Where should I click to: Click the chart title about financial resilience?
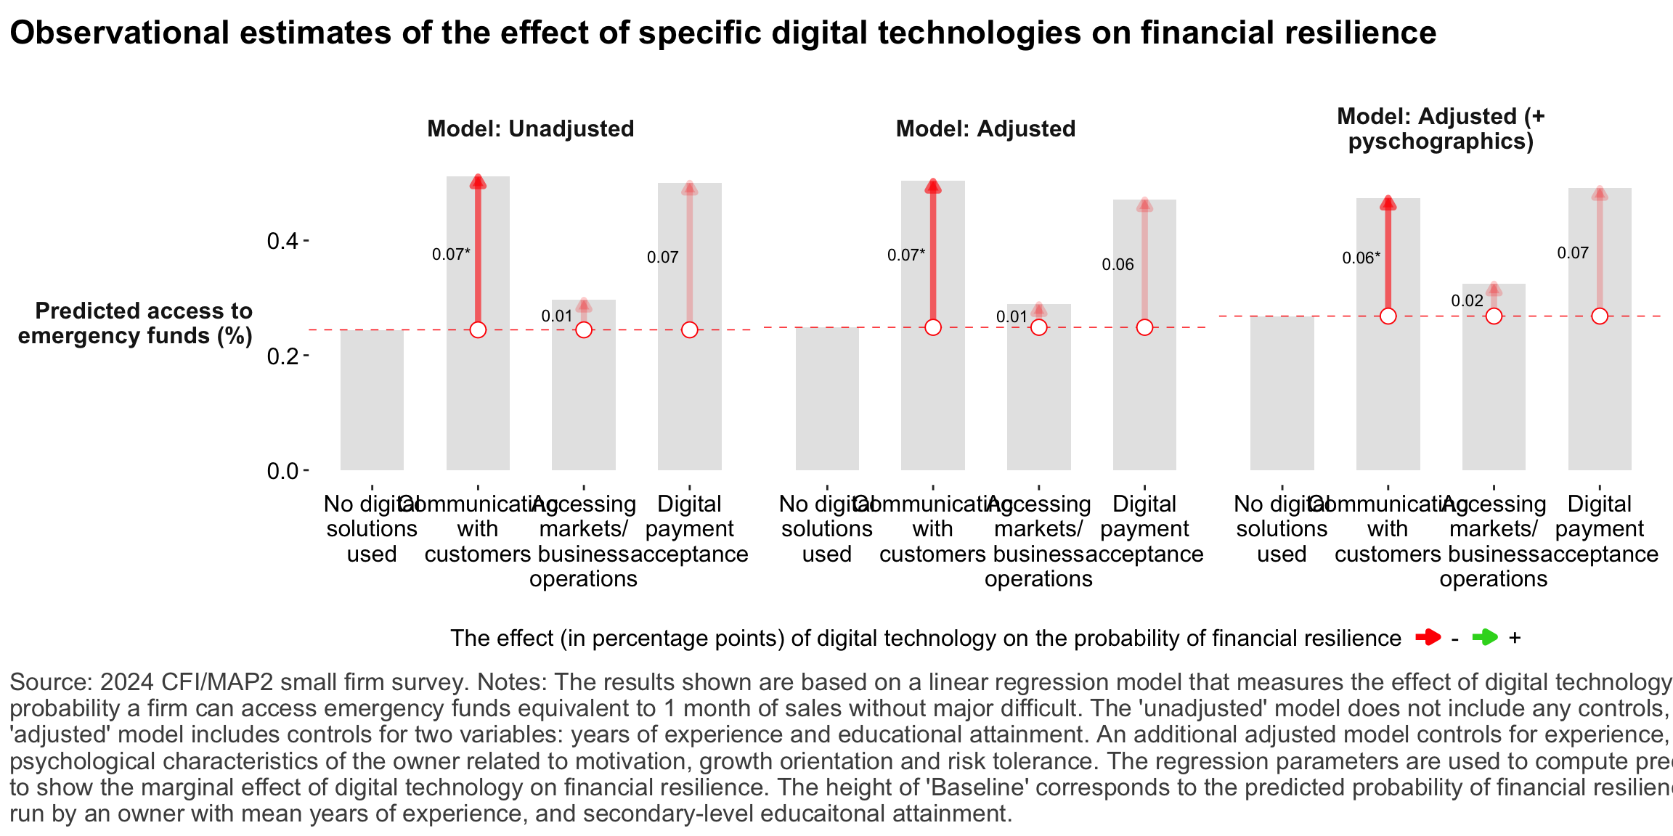pyautogui.click(x=722, y=33)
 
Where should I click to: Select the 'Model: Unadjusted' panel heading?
pyautogui.click(x=530, y=129)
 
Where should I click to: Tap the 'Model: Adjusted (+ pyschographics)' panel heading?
pyautogui.click(x=1441, y=128)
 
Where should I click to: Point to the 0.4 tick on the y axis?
pyautogui.click(x=282, y=241)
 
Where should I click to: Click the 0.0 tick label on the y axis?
pyautogui.click(x=282, y=472)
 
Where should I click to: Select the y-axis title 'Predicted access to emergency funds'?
pyautogui.click(x=136, y=323)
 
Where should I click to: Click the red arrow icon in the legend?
pyautogui.click(x=1428, y=638)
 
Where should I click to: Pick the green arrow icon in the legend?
pyautogui.click(x=1485, y=638)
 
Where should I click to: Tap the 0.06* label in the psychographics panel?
pyautogui.click(x=1360, y=258)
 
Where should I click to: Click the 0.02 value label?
pyautogui.click(x=1467, y=301)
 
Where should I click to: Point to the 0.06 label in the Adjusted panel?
pyautogui.click(x=1118, y=265)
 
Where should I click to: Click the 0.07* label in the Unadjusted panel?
pyautogui.click(x=450, y=255)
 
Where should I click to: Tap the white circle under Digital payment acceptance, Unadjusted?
pyautogui.click(x=690, y=330)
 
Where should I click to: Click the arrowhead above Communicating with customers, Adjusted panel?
pyautogui.click(x=933, y=187)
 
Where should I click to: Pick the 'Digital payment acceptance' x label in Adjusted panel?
pyautogui.click(x=1144, y=529)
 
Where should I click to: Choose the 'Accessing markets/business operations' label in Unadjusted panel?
pyautogui.click(x=583, y=541)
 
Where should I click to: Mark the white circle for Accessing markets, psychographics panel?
pyautogui.click(x=1494, y=316)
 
